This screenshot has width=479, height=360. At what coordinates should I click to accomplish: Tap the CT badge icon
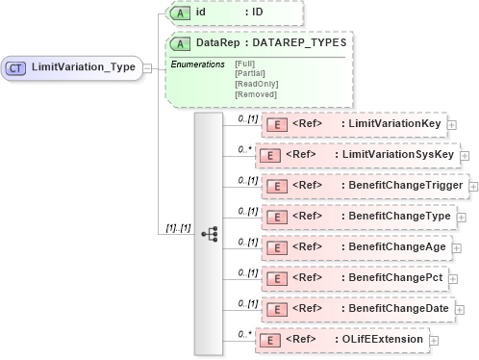coord(17,67)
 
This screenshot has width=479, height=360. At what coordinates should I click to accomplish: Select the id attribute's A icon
coord(179,13)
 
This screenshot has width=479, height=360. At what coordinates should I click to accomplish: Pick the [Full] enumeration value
coord(244,63)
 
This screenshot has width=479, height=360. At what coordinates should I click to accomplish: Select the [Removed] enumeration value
coord(254,94)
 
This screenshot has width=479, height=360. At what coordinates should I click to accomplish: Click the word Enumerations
coord(198,63)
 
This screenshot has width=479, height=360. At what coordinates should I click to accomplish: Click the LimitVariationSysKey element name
coord(396,154)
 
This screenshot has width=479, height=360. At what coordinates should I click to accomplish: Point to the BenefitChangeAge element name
coord(396,246)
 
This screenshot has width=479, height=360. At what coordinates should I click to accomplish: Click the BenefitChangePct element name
coord(395,277)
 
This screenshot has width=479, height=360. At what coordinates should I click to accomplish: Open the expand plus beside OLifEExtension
coord(434,339)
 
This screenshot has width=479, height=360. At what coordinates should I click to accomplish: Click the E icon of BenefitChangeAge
coord(277,246)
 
